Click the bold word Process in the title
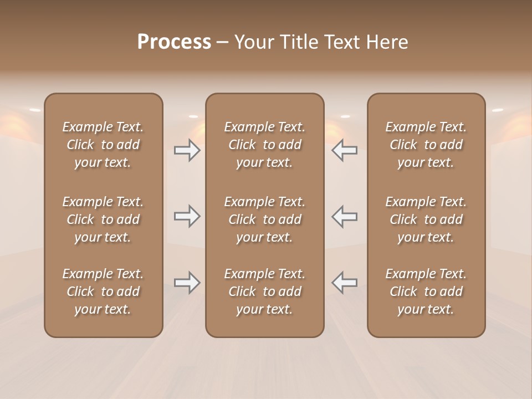(174, 42)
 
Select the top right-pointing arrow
(187, 151)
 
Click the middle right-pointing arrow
(187, 216)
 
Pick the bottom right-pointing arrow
(187, 283)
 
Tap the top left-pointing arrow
(344, 151)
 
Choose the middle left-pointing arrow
(344, 216)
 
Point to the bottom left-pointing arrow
(344, 283)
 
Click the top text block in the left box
(103, 145)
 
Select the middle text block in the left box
(103, 219)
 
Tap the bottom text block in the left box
(103, 291)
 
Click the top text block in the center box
(264, 145)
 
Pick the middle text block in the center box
(264, 219)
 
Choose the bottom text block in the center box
(264, 291)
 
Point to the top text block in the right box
(426, 145)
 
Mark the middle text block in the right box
(426, 219)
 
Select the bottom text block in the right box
(426, 291)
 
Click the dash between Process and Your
(222, 43)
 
